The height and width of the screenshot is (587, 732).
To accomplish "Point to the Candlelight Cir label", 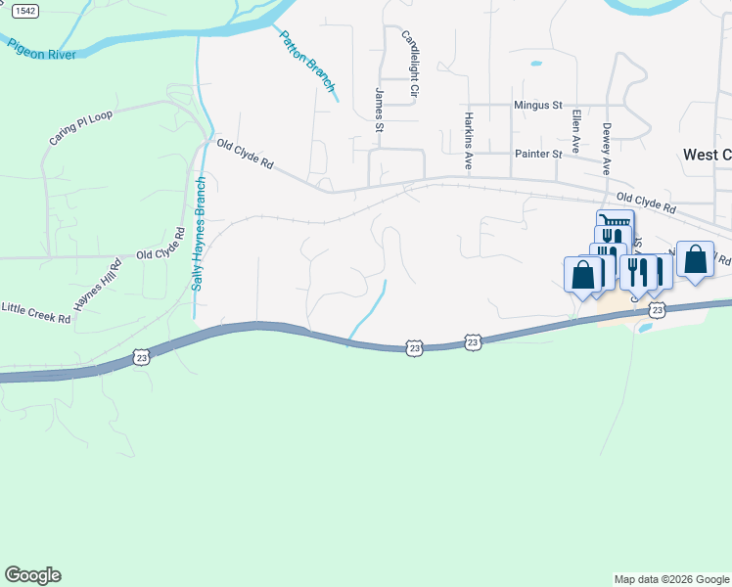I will [410, 64].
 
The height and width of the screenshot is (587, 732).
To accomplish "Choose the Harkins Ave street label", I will [469, 140].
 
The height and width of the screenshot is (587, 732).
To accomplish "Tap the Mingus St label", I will [538, 105].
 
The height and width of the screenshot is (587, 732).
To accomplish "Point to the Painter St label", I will [538, 155].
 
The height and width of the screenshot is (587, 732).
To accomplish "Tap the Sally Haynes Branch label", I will [199, 233].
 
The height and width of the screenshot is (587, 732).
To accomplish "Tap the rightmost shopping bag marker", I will [695, 260].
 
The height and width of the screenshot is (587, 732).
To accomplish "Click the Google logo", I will [32, 575].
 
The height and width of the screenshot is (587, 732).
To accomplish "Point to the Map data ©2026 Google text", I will [671, 579].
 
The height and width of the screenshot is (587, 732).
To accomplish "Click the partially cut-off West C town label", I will [707, 155].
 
